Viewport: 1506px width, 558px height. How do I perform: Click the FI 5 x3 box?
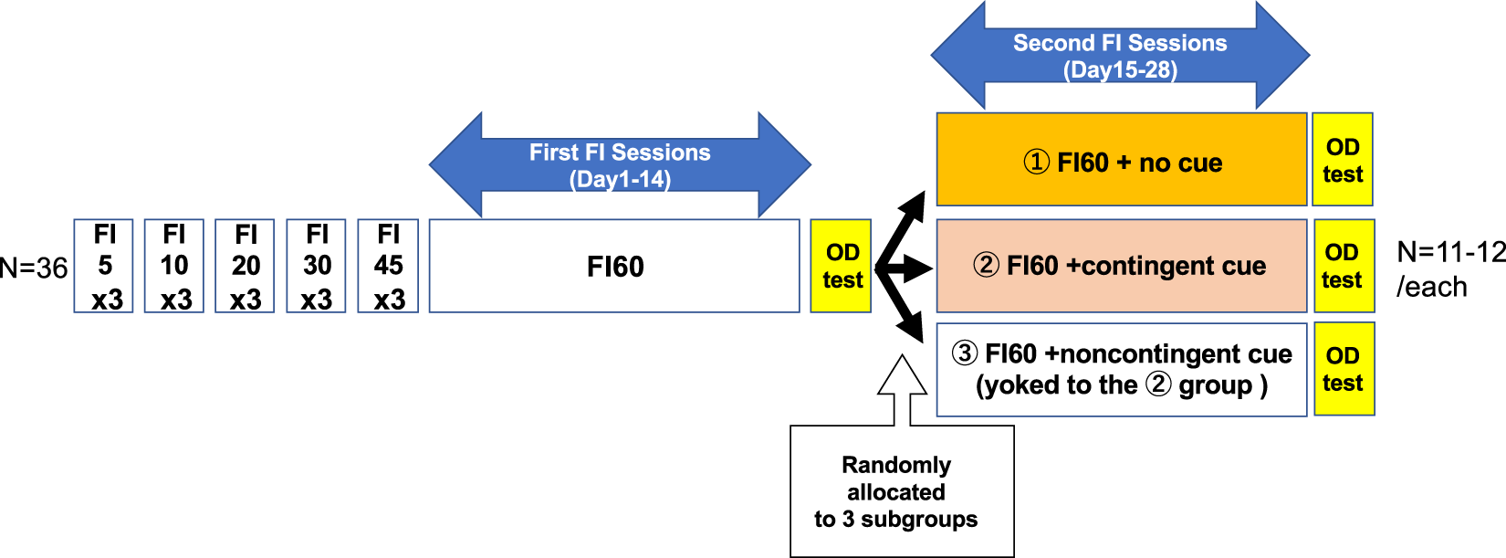tap(103, 266)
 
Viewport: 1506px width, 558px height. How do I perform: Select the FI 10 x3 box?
tap(173, 266)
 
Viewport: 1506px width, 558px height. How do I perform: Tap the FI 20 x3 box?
tap(245, 266)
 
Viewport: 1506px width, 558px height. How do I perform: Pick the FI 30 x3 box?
tap(316, 266)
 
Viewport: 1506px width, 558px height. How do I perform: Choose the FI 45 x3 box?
tap(388, 266)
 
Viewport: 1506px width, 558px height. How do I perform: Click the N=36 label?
tap(34, 268)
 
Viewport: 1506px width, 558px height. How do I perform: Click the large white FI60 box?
tap(614, 266)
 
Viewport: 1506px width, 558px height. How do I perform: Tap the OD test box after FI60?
tap(841, 266)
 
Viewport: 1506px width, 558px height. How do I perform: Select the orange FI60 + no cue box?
tap(1122, 160)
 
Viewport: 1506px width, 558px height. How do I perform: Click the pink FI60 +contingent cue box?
tap(1122, 266)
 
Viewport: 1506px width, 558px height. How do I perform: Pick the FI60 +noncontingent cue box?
tap(1122, 369)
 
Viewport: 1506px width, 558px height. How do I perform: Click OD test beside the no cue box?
tap(1343, 160)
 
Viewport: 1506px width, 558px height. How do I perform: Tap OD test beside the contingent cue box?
tap(1343, 266)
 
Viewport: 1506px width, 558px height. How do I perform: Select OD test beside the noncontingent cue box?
tap(1343, 369)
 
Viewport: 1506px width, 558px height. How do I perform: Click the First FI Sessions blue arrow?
tap(620, 165)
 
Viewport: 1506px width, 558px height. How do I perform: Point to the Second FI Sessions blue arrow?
tap(1120, 55)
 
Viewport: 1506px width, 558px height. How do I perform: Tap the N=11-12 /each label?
tap(1449, 269)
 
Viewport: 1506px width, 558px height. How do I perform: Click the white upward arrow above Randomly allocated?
tap(902, 388)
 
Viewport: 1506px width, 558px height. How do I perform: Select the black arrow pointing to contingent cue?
tap(908, 268)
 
